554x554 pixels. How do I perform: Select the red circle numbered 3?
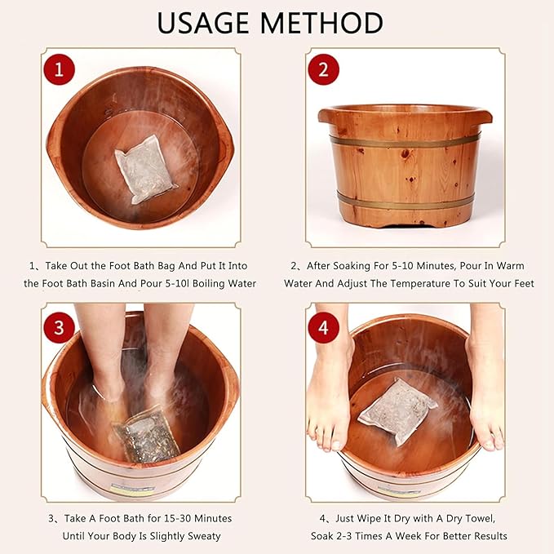[x=58, y=328]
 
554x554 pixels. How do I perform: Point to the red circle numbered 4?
[x=323, y=328]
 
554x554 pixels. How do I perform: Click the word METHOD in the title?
[x=330, y=22]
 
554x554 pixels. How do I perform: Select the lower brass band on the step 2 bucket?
[x=406, y=200]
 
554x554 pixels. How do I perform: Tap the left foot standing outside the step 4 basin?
[x=330, y=408]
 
